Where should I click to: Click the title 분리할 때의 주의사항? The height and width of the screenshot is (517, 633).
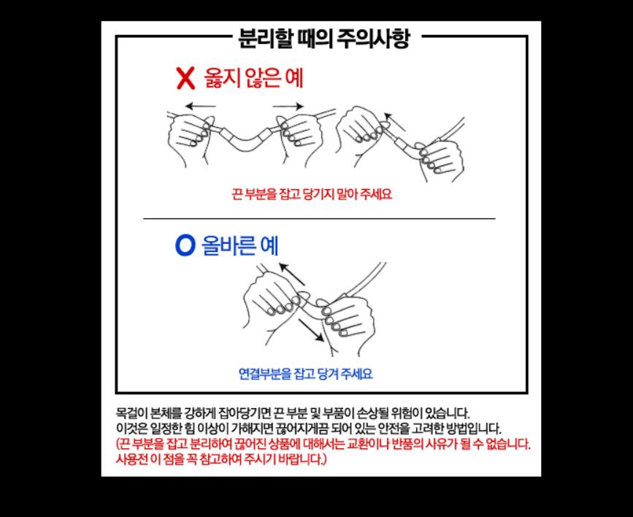point(324,39)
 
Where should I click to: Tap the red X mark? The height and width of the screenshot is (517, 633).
point(185,78)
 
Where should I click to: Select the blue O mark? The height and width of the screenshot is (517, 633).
point(185,245)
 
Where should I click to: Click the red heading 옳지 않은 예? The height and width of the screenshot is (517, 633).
point(253,77)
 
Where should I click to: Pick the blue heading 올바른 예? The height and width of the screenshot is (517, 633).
point(240,245)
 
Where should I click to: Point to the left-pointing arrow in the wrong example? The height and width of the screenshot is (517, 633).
point(200,107)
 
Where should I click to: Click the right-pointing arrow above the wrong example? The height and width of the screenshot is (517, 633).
point(288,106)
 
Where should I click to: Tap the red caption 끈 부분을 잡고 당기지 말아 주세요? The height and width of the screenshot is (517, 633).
point(312,194)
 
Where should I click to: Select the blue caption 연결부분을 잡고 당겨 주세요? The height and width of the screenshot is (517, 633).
point(306,374)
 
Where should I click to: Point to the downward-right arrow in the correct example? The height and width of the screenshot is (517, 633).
point(311,330)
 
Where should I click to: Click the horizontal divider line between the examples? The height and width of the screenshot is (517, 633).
point(319,218)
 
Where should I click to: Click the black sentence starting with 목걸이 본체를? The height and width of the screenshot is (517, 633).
point(293,413)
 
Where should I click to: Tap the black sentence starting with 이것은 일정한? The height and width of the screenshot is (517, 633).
point(308,429)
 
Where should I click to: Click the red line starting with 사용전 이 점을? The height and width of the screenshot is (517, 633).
point(220,459)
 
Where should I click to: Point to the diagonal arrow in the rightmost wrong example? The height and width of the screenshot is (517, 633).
point(394,122)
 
